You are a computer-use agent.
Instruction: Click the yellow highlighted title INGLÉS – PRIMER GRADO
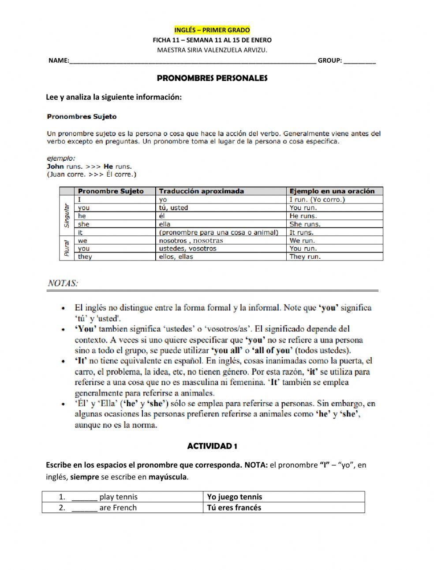coord(212,30)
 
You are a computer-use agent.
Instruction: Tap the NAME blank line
coord(192,61)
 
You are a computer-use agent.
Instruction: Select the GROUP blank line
coord(359,61)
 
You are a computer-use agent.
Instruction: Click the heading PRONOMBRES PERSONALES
coord(212,78)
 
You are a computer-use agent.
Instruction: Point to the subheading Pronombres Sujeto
coord(82,117)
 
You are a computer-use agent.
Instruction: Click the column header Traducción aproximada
coord(201,191)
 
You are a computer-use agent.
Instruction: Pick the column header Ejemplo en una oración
coord(332,191)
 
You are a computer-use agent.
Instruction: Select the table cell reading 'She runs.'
coord(305,224)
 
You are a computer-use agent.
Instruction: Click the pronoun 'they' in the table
coord(85,257)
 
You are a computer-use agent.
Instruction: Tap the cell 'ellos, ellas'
coord(176,257)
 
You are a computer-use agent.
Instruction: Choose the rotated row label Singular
coord(67,215)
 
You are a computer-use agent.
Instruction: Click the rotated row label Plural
coord(67,249)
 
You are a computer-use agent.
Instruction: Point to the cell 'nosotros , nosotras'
coord(191,241)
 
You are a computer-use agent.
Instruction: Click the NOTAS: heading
coord(63,283)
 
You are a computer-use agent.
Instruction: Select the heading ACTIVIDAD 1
coord(212,446)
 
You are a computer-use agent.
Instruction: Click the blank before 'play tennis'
coord(84,497)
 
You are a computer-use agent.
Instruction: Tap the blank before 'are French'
coord(84,508)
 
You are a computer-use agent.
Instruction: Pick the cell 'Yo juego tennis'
coord(235,497)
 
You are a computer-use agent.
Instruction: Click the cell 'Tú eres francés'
coord(234,508)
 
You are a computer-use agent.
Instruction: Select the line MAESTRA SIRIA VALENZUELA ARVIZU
coord(212,50)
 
